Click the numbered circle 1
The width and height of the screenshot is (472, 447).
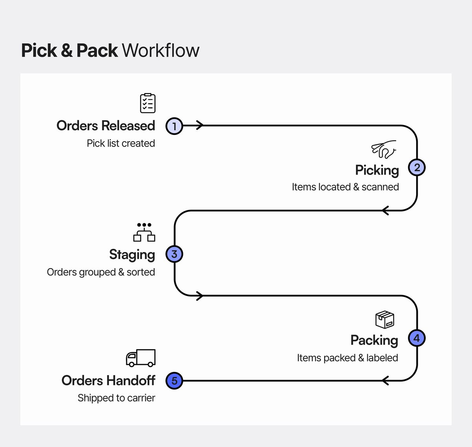pos(174,126)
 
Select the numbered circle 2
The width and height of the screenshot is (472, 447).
pos(417,167)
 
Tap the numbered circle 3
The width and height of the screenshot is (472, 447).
pos(174,254)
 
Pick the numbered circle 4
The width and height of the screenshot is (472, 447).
pos(417,338)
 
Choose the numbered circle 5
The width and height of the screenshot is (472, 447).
pos(174,381)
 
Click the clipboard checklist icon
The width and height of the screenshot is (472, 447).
pos(148,103)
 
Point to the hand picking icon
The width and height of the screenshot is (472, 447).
pos(383,149)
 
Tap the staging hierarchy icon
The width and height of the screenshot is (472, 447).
pos(144,232)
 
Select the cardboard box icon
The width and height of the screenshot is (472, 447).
pos(385,320)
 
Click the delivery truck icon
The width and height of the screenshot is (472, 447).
pos(141,358)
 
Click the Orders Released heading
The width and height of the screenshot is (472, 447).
pos(106,126)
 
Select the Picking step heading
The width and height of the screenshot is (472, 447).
pos(377,170)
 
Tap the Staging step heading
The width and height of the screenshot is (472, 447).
pos(132,255)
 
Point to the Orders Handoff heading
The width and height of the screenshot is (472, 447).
pos(108,381)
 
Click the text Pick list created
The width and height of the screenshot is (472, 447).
pos(121,143)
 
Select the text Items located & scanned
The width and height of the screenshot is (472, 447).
pos(345,187)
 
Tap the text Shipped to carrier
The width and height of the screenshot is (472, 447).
pos(116,398)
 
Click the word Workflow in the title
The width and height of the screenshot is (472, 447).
pos(160,51)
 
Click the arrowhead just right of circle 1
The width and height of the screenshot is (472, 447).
pos(200,126)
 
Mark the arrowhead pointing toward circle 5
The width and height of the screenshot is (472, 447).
pos(385,381)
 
